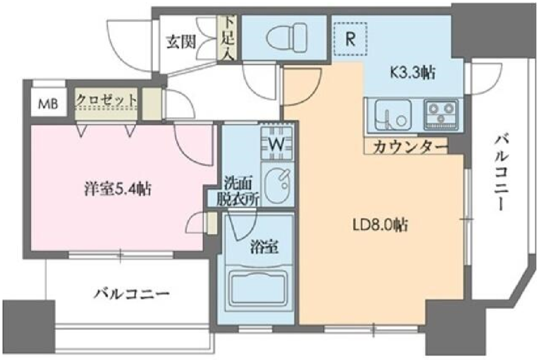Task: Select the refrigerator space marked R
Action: point(350,39)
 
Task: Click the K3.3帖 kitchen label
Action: point(412,72)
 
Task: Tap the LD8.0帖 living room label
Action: point(380,225)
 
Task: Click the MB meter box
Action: point(48,104)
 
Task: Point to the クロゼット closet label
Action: point(106,101)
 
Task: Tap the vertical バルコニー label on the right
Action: point(502,173)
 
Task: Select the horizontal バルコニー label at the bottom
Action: point(133,294)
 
